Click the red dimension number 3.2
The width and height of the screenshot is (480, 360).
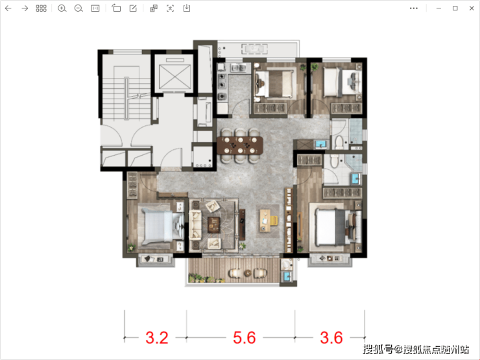[157, 338]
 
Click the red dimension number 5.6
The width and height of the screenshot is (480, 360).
[245, 338]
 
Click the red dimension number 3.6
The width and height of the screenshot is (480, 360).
[331, 338]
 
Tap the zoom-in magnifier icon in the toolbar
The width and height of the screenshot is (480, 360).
[62, 8]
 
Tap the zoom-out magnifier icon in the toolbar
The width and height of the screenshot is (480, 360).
[78, 8]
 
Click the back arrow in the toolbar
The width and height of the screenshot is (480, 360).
[8, 8]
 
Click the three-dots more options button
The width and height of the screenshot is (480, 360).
[414, 8]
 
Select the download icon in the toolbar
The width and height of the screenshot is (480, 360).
[187, 8]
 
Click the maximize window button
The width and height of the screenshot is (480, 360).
[455, 8]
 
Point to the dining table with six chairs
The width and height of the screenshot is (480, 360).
[240, 145]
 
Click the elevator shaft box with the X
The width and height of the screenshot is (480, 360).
[174, 77]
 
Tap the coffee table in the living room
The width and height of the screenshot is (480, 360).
[213, 224]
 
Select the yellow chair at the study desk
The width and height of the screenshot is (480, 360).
[273, 221]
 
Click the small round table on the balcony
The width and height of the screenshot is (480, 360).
[247, 272]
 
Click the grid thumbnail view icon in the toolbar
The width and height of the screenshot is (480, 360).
[41, 8]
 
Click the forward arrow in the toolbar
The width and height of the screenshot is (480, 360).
[25, 8]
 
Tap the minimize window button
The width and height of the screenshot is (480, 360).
[438, 8]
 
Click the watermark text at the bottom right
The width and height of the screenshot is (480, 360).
[416, 349]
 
